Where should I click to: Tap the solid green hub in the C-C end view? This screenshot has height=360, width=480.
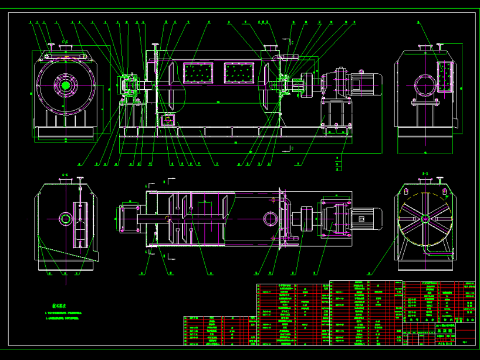coord(65,85)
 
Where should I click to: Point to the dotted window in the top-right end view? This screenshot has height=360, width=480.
coord(444,76)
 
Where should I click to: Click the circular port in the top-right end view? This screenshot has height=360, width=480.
coord(425,84)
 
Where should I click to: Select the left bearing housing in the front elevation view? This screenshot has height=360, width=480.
coord(129,84)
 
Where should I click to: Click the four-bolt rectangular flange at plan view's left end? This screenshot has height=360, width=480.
coord(128,218)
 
